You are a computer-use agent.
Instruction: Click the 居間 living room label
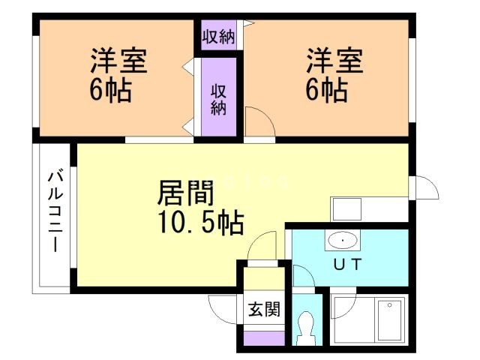[185, 193]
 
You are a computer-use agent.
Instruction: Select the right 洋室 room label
[334, 61]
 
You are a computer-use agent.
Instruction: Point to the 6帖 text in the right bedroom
[325, 91]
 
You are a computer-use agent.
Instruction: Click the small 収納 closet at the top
[218, 37]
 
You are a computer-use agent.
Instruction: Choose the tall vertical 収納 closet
[218, 98]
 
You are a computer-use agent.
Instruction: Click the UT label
[347, 263]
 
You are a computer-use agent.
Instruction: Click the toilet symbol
[305, 326]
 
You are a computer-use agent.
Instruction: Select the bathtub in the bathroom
[390, 320]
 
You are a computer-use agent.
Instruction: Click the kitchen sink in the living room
[346, 208]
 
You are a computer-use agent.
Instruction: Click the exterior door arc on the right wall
[425, 187]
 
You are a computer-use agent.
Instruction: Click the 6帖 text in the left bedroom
[110, 91]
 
